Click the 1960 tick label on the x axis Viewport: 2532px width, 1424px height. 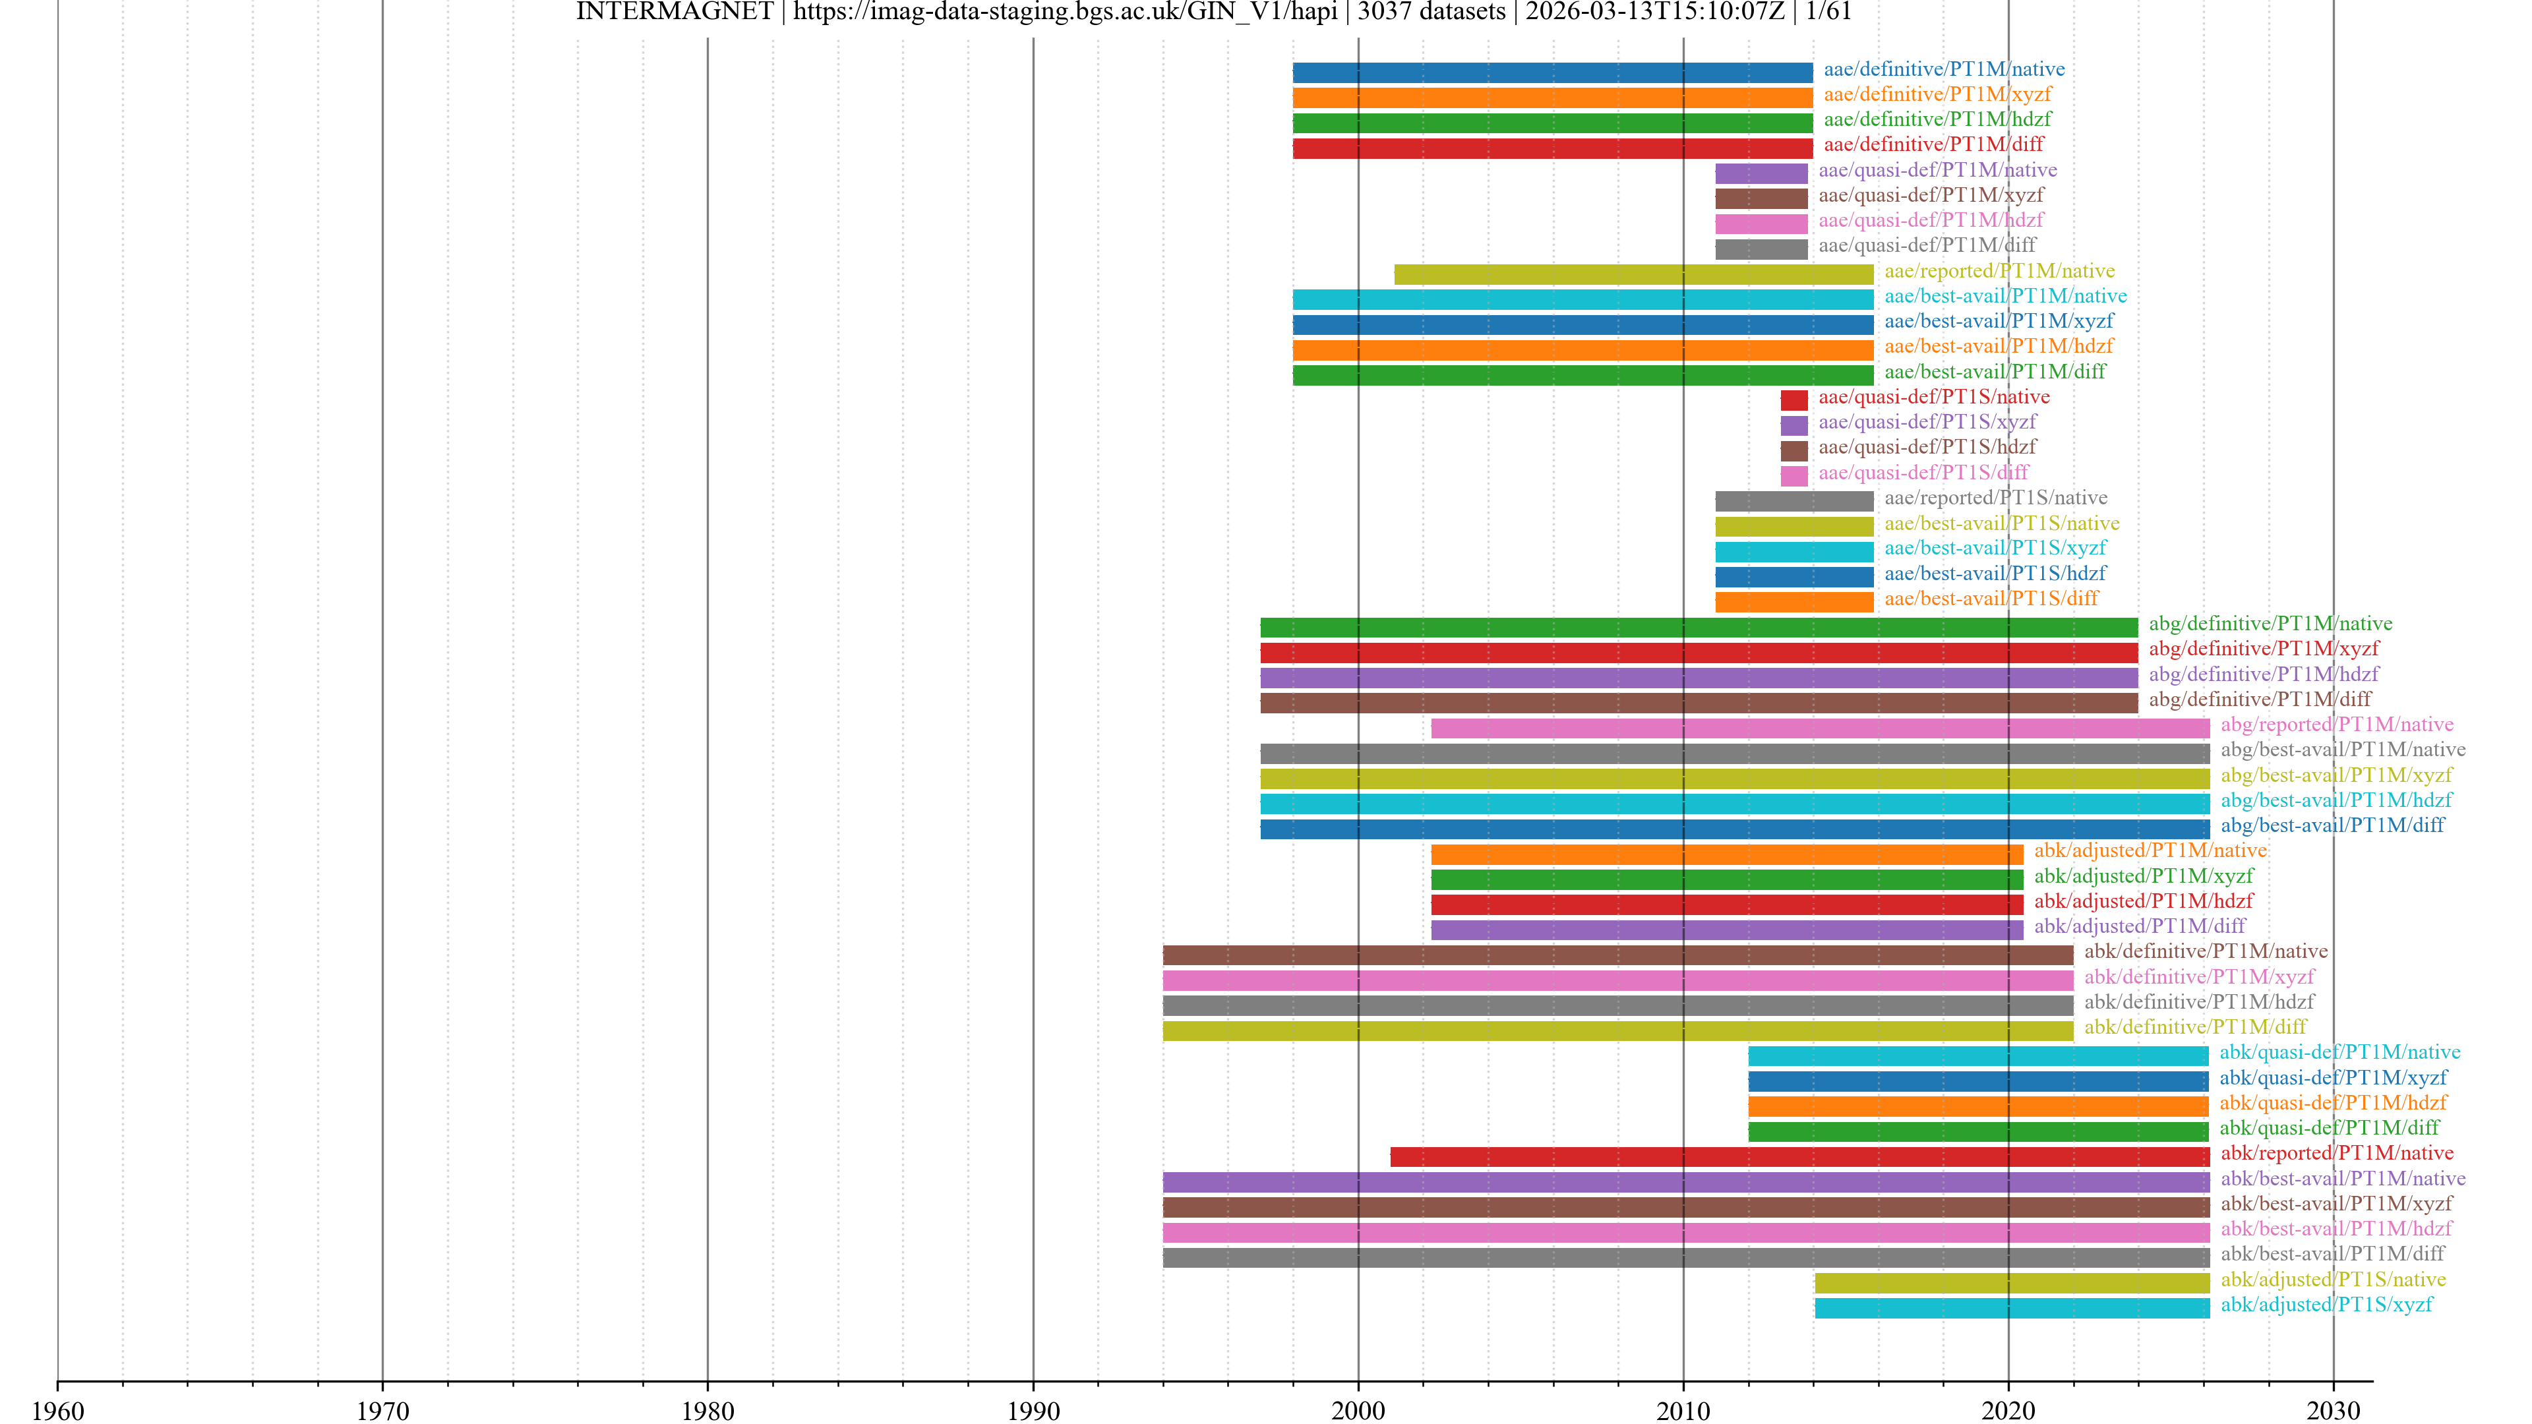pos(58,1410)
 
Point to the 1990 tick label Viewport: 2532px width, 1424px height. pos(1033,1410)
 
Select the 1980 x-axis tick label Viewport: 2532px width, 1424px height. pos(708,1410)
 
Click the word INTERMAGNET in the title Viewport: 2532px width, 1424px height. pos(675,12)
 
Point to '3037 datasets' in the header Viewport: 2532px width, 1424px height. pos(1431,12)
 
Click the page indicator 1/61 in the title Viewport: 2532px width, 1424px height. pos(1828,12)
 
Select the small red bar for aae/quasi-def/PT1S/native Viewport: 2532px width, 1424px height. pos(1794,400)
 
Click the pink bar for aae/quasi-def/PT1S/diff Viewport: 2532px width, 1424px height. pos(1794,475)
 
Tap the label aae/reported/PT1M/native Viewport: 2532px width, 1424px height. pos(1999,271)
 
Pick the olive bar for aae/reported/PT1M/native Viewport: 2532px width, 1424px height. pos(1634,274)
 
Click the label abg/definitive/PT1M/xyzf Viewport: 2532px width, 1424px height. pos(2264,649)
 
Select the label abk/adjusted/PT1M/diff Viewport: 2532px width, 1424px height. pos(2140,926)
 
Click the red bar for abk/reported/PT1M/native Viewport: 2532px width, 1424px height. pos(1799,1157)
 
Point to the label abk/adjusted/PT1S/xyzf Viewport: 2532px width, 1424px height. pos(2326,1304)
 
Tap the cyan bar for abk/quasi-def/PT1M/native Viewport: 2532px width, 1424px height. pos(1977,1055)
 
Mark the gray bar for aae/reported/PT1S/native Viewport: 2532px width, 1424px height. pos(1794,501)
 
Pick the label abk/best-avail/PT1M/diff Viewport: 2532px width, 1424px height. pos(2332,1254)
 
